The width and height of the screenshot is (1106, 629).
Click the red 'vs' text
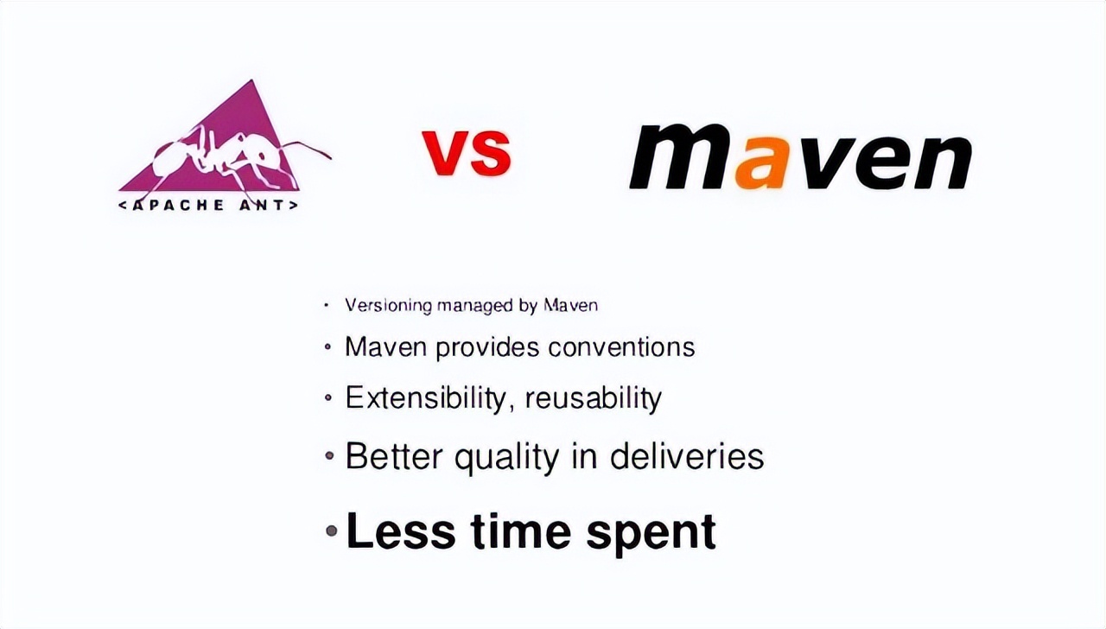click(466, 151)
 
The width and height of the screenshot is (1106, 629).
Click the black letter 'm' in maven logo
click(681, 156)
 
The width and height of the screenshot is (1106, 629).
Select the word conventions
click(621, 346)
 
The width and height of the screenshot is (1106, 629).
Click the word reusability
click(593, 398)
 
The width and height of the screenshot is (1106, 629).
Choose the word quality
click(507, 457)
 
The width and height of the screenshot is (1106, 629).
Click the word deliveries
click(687, 455)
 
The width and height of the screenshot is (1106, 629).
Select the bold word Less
click(400, 531)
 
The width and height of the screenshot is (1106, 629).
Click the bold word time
click(521, 531)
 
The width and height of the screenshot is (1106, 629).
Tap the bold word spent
click(652, 534)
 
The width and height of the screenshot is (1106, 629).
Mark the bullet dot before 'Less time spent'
click(332, 531)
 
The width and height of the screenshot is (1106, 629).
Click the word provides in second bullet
click(487, 347)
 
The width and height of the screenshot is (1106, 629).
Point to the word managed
click(475, 307)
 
